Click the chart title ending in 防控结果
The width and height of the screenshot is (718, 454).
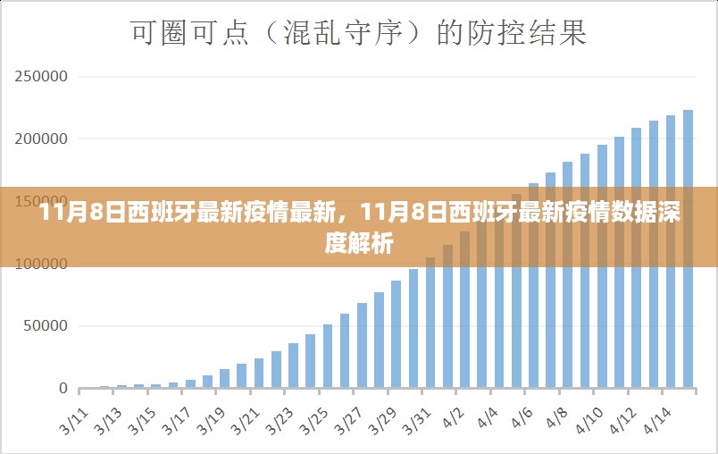point(359,34)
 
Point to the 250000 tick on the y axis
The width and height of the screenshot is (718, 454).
point(42,77)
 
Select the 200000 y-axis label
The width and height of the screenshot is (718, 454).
point(42,139)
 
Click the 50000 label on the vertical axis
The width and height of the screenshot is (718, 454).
point(46,326)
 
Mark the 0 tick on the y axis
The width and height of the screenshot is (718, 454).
point(63,389)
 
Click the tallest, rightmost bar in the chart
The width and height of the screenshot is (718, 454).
point(688,249)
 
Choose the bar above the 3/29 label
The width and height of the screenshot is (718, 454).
point(397,334)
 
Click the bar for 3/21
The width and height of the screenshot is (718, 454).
point(259,373)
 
